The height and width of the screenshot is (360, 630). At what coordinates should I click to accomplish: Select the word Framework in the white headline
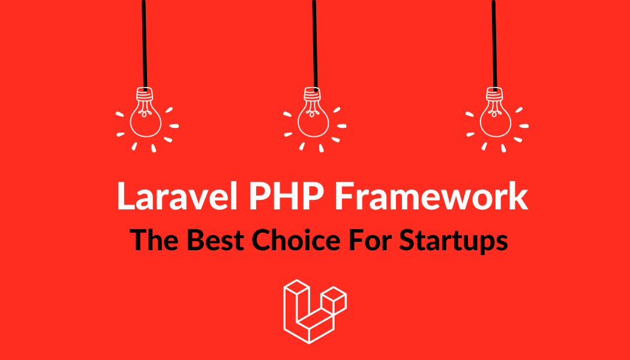coord(431,196)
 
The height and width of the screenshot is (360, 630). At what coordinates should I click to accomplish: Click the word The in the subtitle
coord(155,241)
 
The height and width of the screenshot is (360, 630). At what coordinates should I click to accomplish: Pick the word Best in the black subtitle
coord(215,241)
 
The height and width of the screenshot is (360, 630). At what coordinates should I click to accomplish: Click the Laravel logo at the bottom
coord(315,311)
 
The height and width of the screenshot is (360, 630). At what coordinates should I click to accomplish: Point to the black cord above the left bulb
coord(144,43)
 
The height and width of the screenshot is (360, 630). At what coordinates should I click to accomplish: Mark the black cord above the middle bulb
coord(314,43)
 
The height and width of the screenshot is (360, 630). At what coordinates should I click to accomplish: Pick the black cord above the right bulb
coord(494,43)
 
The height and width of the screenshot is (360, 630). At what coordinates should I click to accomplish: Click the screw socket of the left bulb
coord(145,94)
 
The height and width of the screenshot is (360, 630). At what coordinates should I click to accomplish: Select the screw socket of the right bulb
coord(494,94)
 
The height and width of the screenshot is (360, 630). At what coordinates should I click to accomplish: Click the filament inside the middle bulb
coord(312,109)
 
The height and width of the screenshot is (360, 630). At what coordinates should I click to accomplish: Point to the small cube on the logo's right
coord(334,300)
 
